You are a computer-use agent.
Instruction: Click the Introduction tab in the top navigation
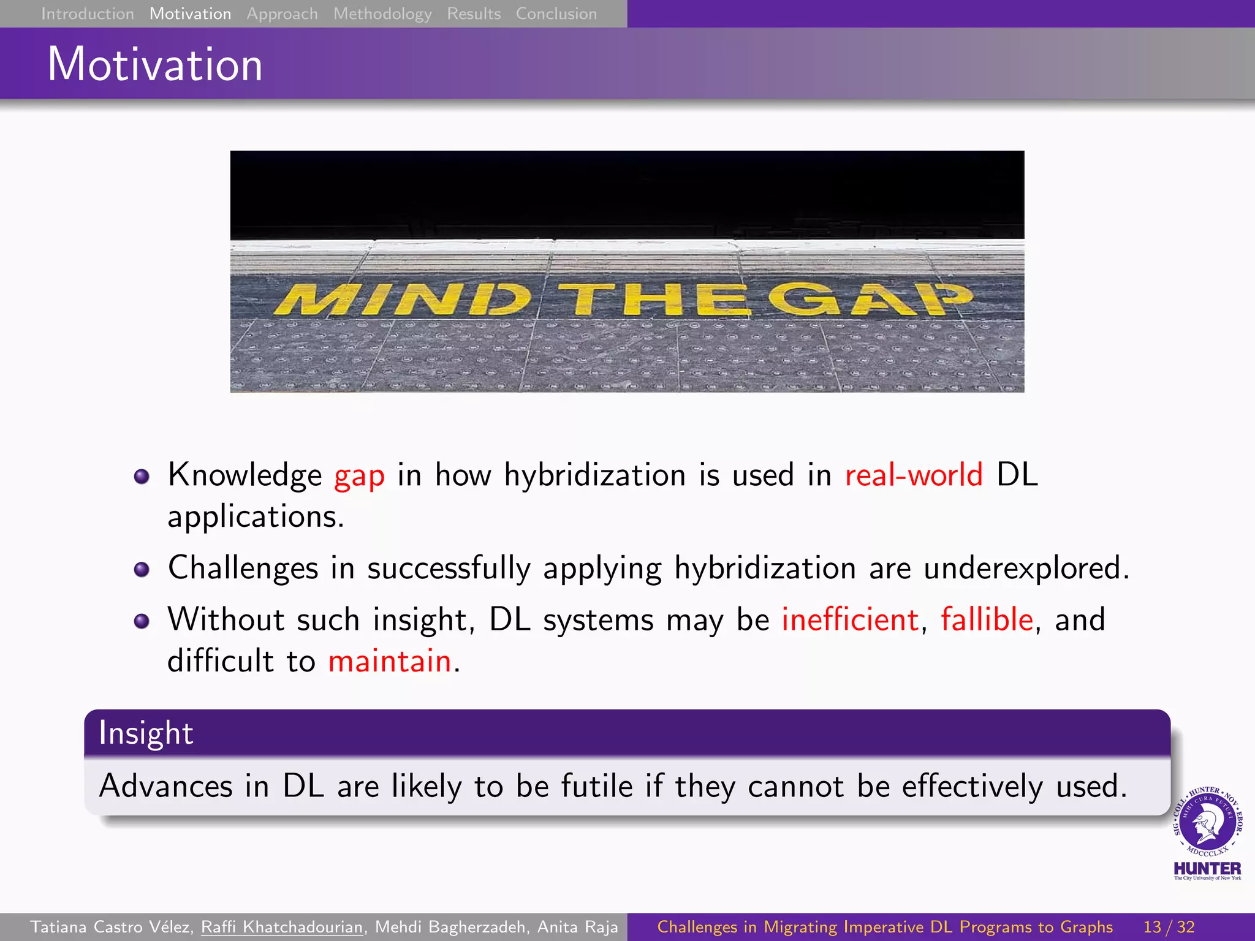point(87,13)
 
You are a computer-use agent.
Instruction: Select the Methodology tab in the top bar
point(382,13)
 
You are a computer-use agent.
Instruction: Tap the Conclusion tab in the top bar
point(556,13)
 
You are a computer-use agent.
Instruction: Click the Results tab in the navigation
point(474,13)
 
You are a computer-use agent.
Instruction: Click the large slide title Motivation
point(155,64)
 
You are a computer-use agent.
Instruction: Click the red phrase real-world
point(913,475)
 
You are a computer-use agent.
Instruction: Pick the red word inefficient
point(850,619)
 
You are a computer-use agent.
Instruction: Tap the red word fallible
point(987,619)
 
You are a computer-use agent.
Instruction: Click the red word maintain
point(390,662)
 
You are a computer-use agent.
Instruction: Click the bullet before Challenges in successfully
point(142,570)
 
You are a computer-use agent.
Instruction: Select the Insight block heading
point(146,733)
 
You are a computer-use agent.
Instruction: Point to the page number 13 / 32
point(1169,927)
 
